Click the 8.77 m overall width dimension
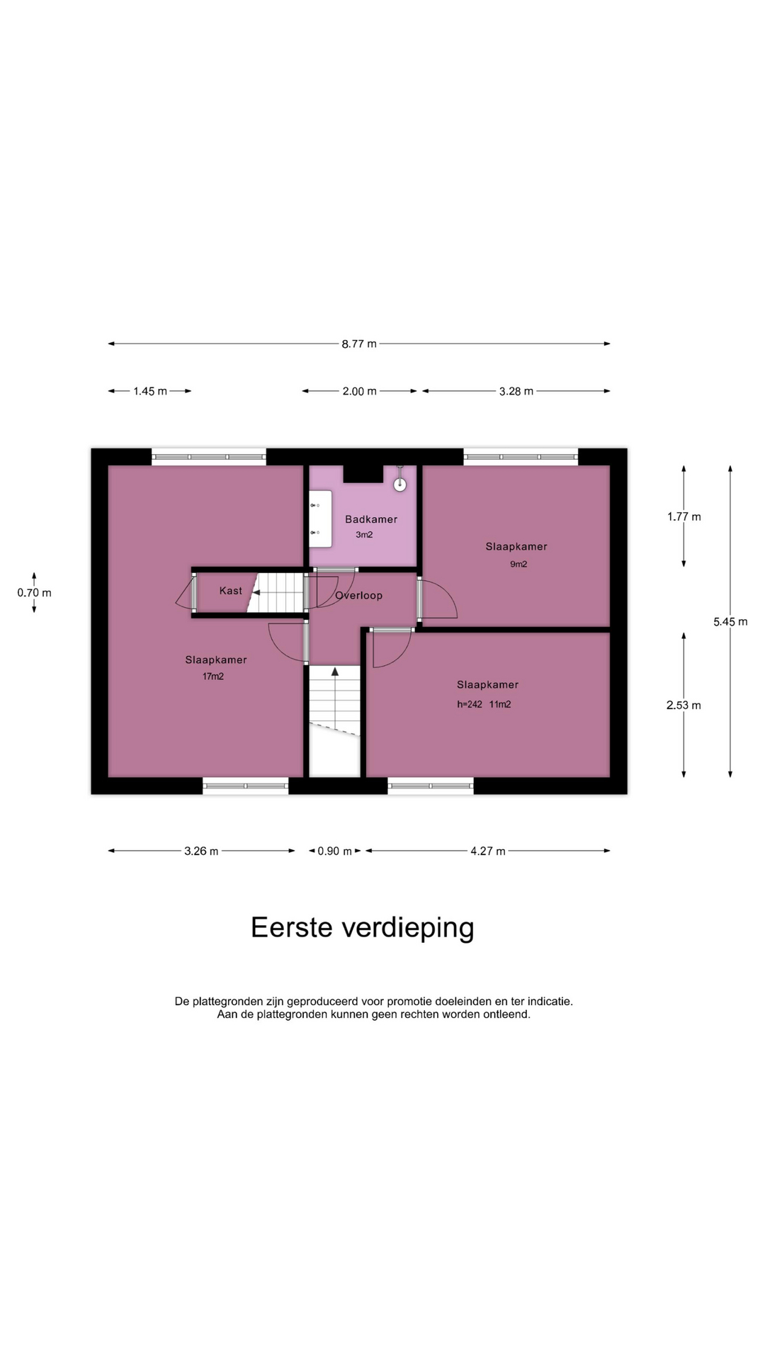[359, 344]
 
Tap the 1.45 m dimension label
[150, 391]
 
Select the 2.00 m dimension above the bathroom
[360, 391]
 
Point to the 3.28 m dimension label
[516, 391]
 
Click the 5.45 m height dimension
[730, 622]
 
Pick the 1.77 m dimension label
[684, 517]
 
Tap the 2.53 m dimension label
[684, 705]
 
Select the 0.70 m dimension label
[35, 593]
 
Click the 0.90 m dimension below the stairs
[335, 851]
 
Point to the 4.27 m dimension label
[488, 851]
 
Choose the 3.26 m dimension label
[201, 851]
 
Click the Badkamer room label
[371, 519]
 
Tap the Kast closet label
[231, 591]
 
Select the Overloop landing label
[359, 596]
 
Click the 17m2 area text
[213, 676]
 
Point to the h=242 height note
[470, 704]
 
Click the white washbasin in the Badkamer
[321, 518]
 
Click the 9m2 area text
[518, 565]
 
